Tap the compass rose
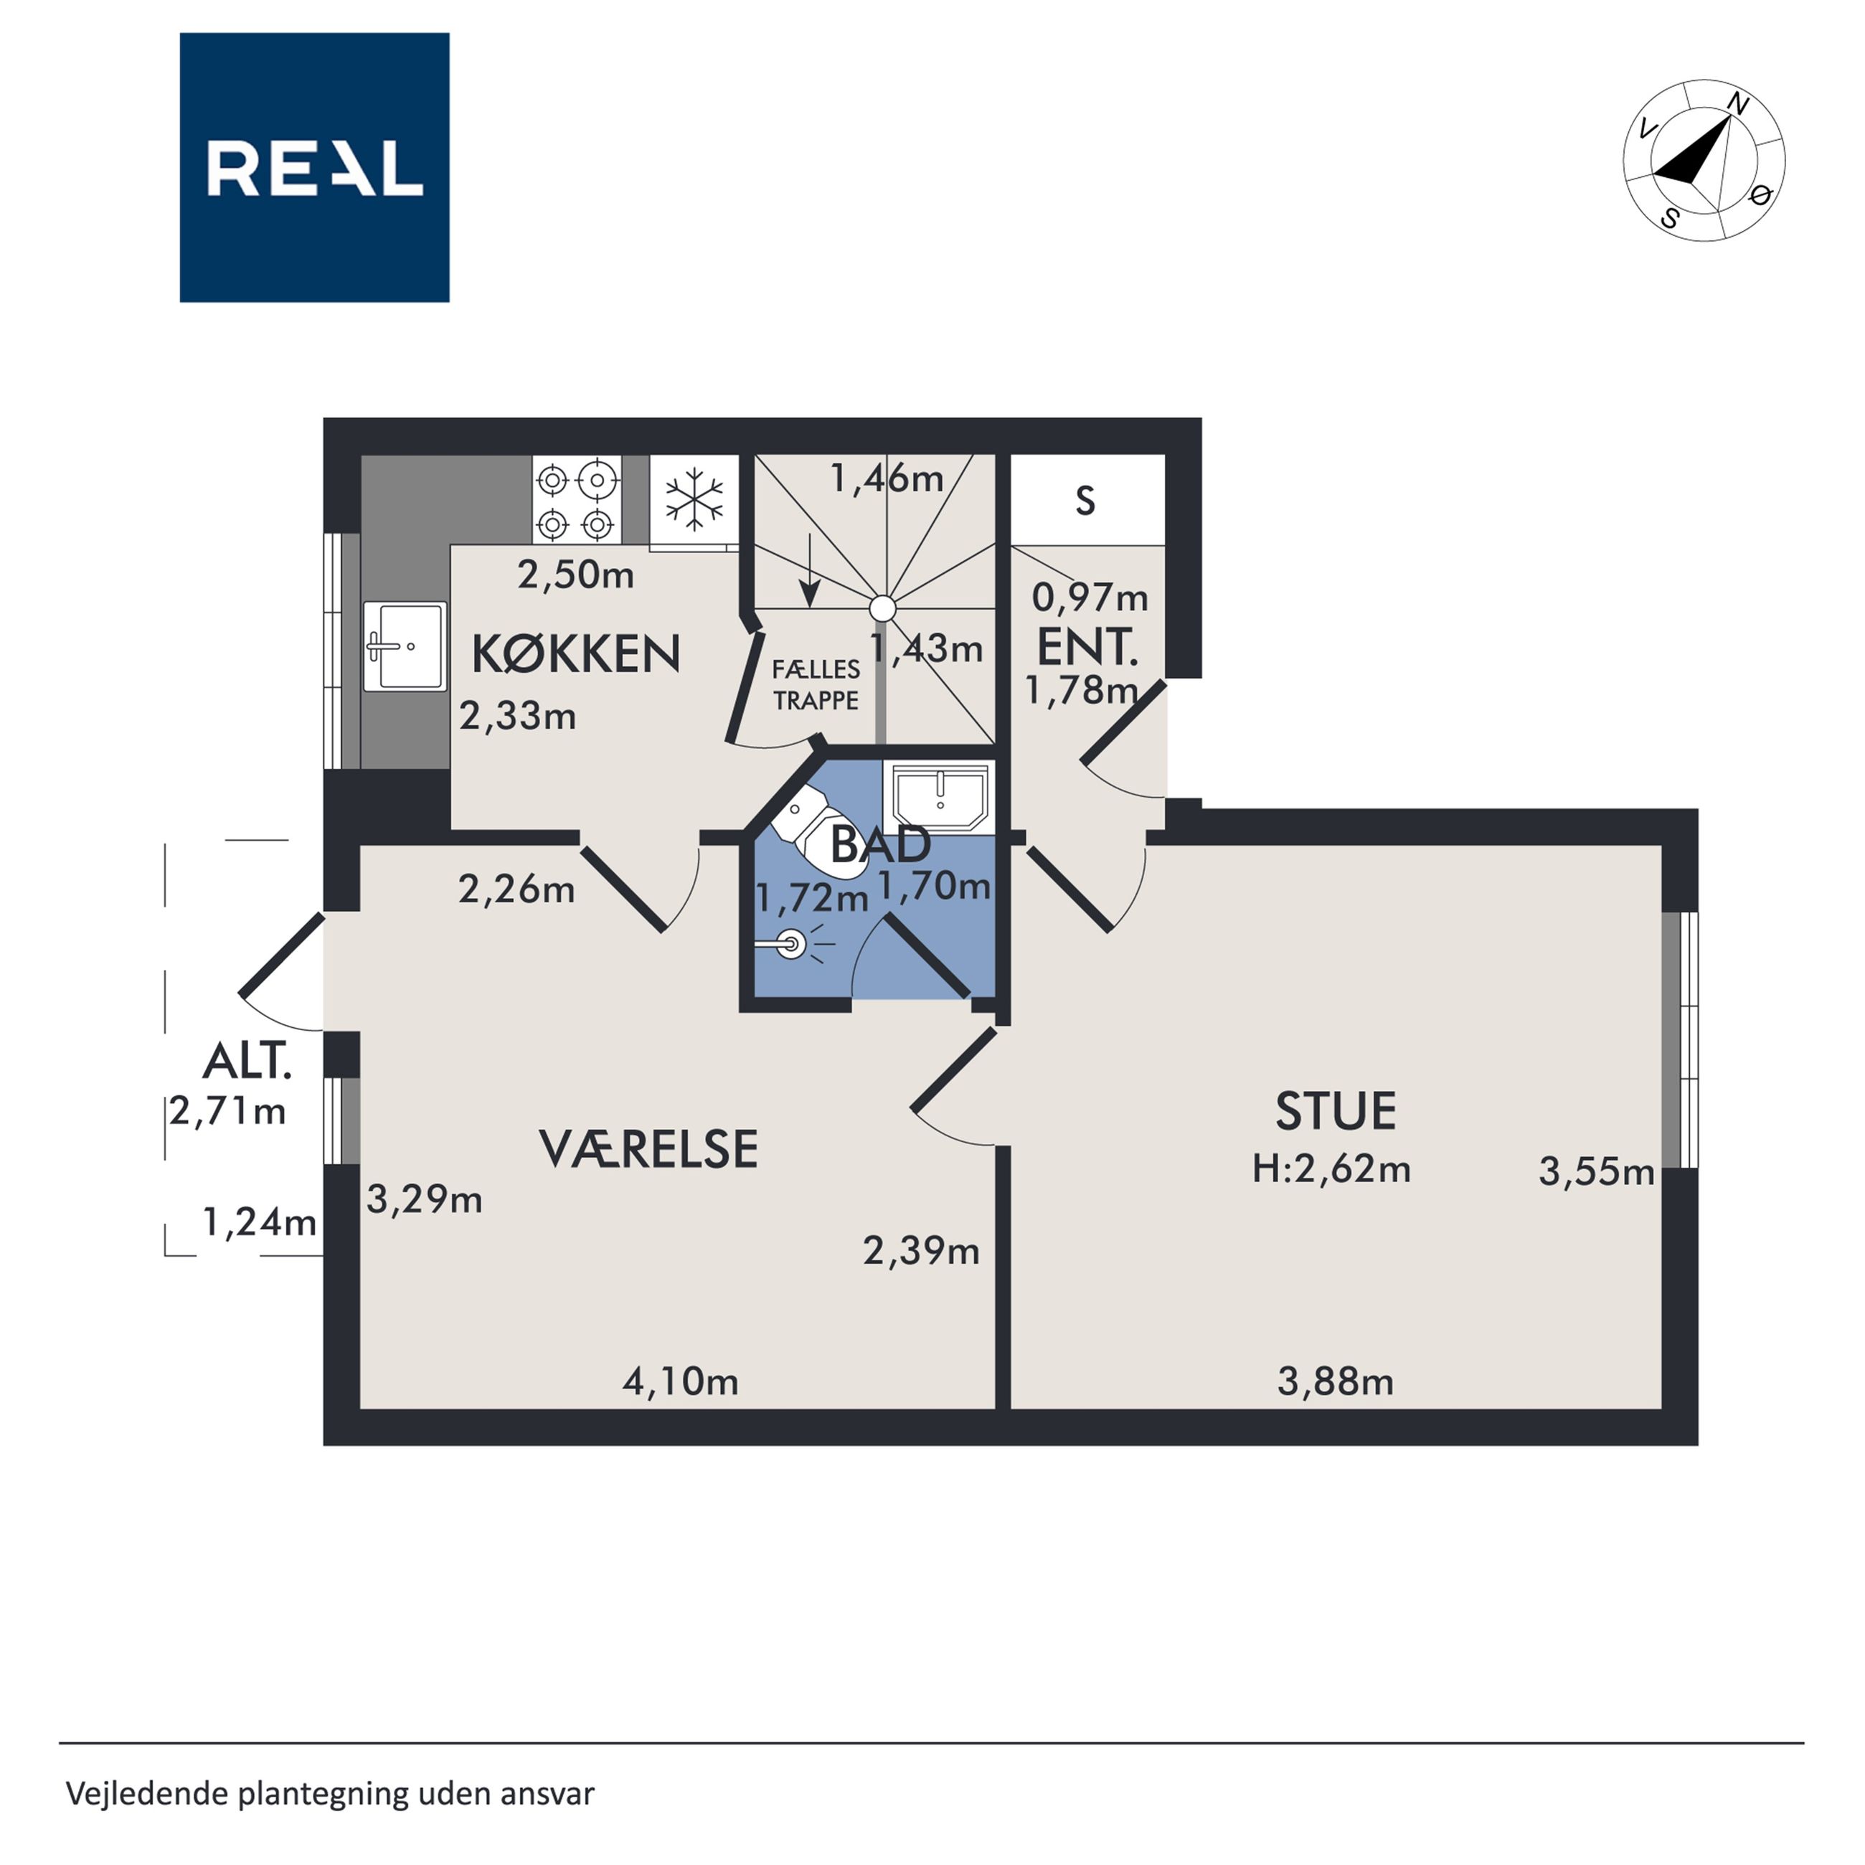click(x=1704, y=160)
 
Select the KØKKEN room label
click(x=576, y=654)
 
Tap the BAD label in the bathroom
click(x=880, y=845)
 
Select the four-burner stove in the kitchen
click(x=576, y=499)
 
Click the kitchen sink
click(x=405, y=646)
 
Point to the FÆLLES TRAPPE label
click(x=816, y=685)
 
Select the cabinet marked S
click(x=1087, y=500)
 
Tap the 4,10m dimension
click(x=681, y=1382)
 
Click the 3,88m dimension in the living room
click(x=1335, y=1382)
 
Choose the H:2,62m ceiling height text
click(x=1331, y=1169)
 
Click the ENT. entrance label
click(x=1087, y=647)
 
